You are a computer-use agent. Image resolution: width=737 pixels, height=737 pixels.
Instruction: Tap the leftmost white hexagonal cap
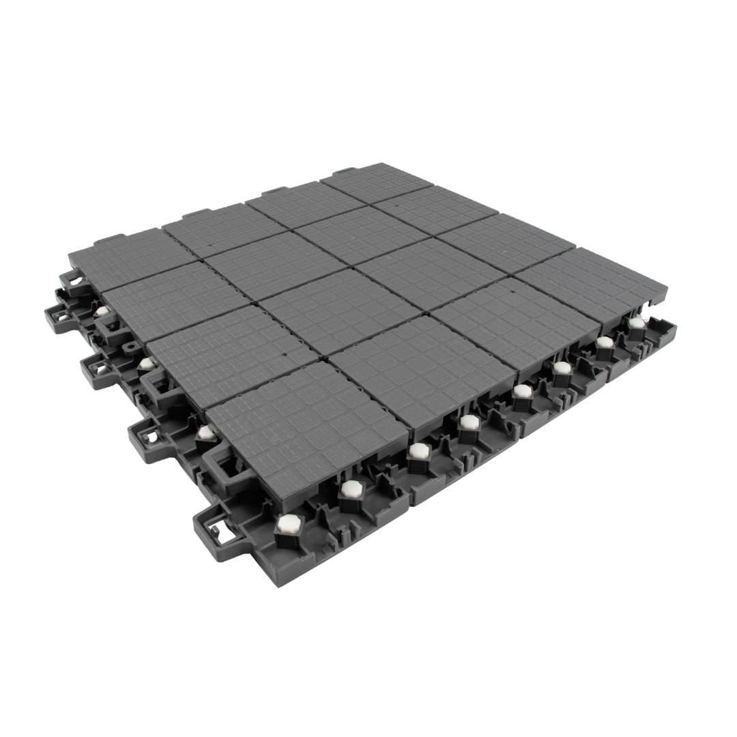tap(102, 311)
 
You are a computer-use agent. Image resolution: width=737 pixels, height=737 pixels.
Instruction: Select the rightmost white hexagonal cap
tap(636, 323)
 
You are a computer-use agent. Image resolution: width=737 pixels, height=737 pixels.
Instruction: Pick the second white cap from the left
tap(146, 364)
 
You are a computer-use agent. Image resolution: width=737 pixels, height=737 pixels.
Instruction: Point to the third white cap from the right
tap(562, 368)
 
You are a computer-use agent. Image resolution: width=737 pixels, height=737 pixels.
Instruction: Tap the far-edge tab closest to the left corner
tap(109, 240)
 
